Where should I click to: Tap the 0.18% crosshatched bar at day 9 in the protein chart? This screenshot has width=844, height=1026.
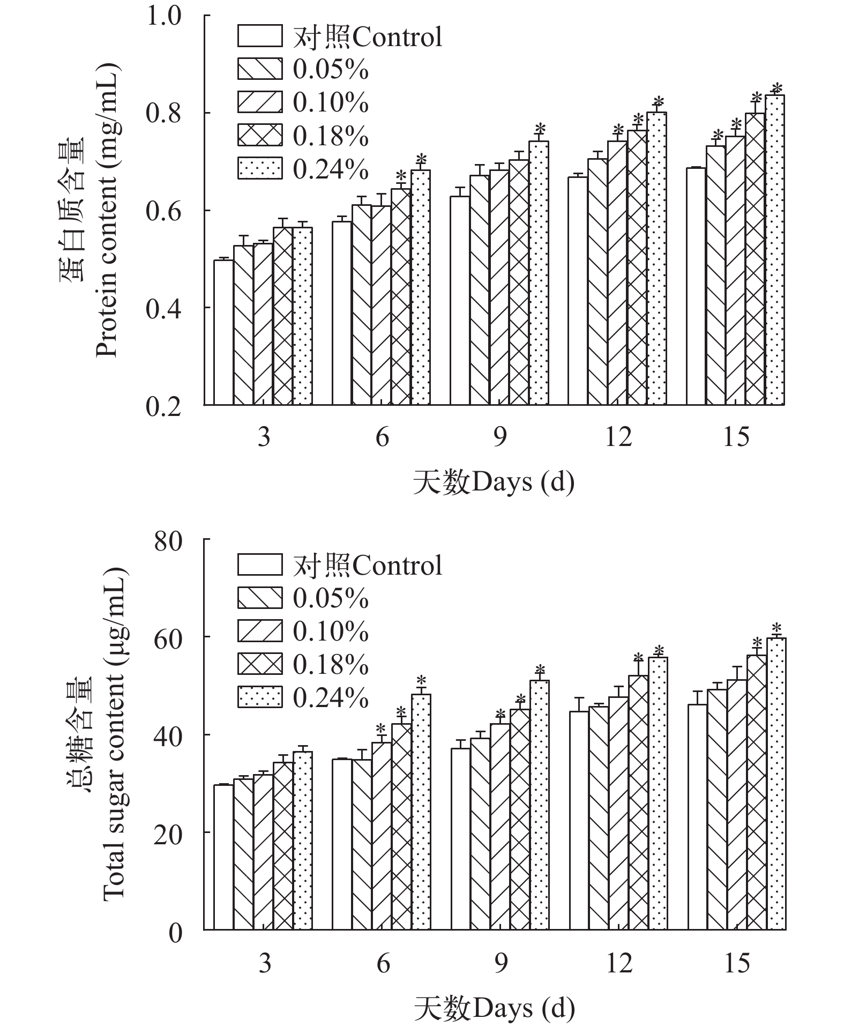[519, 282]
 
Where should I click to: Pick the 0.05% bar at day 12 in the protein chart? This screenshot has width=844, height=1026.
[597, 282]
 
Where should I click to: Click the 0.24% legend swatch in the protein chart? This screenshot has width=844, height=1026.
[260, 168]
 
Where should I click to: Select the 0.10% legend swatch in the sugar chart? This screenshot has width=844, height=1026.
[260, 630]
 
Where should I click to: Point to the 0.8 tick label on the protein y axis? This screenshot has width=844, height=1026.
[163, 114]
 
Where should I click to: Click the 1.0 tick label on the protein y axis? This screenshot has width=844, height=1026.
[163, 16]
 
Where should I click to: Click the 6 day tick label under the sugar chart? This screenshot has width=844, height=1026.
[383, 963]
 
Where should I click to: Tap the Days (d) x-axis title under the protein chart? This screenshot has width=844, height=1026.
[494, 482]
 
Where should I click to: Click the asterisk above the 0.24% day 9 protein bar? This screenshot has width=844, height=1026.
[540, 129]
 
